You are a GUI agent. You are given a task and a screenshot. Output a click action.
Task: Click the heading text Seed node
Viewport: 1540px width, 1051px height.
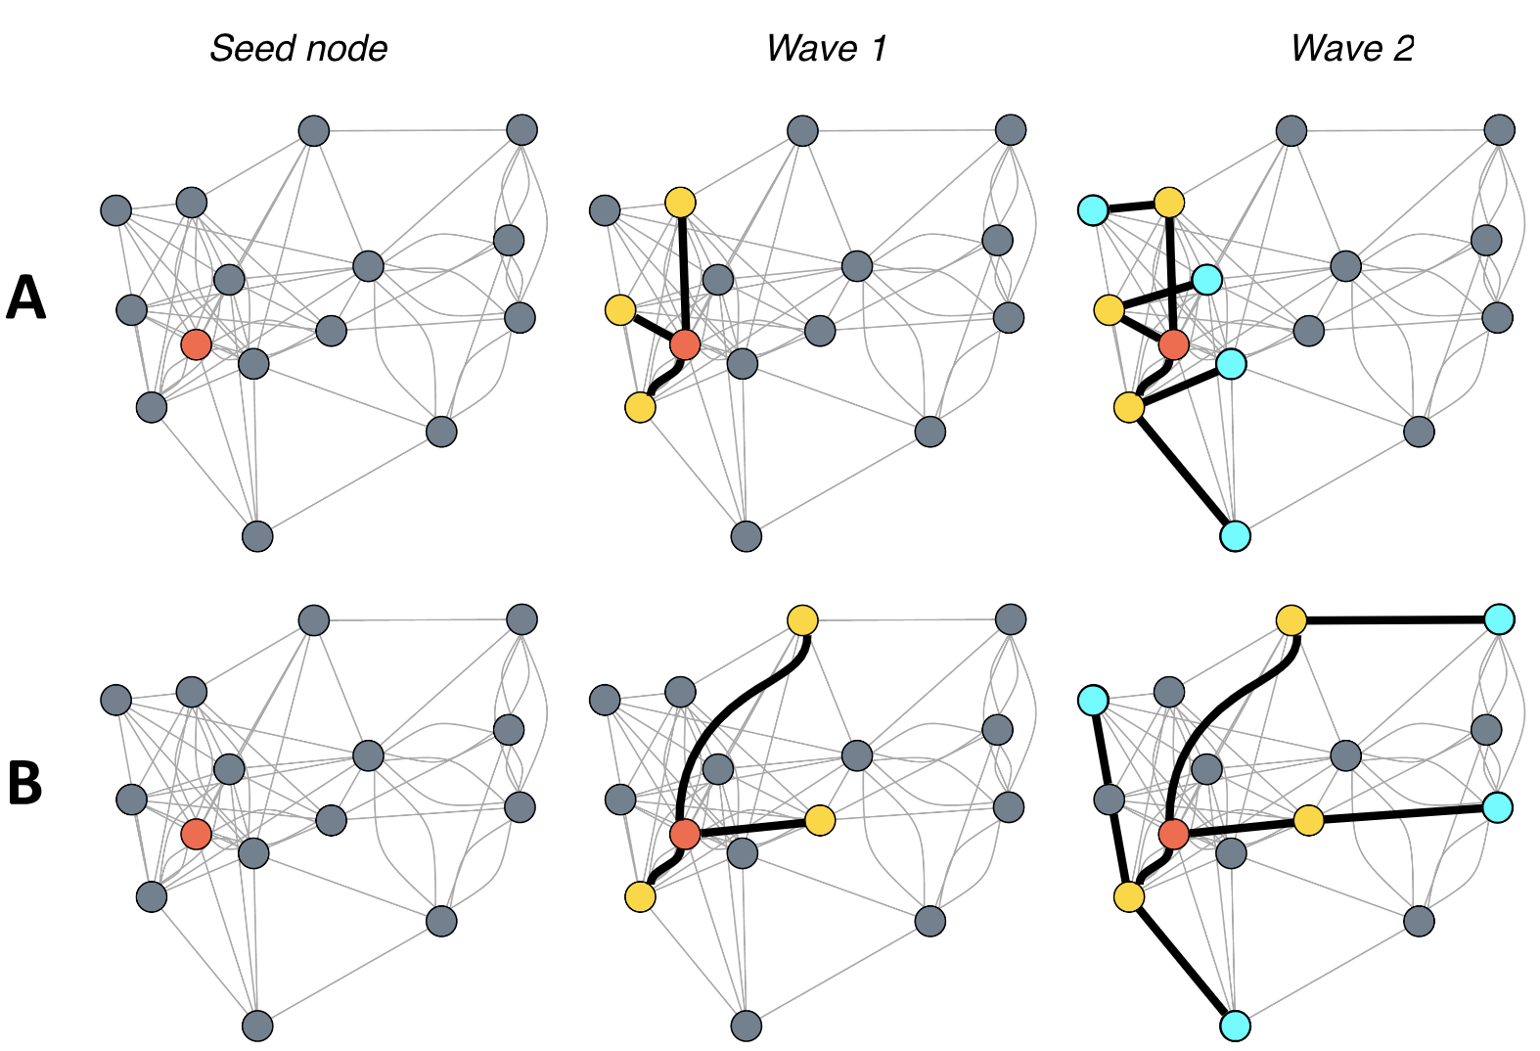298,48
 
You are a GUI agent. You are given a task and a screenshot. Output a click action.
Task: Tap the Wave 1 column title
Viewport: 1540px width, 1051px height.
826,48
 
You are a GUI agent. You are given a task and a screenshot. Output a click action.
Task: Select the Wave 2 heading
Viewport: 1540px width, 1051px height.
1352,48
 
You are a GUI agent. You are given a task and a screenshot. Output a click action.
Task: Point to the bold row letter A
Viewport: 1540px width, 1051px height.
26,297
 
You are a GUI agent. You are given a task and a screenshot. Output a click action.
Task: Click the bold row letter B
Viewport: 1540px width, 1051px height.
25,783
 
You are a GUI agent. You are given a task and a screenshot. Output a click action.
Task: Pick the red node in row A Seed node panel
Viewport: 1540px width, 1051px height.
196,344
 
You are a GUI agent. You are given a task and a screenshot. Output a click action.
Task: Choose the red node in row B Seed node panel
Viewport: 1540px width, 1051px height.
196,835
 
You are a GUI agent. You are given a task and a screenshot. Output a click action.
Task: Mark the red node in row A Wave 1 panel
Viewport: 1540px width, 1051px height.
685,344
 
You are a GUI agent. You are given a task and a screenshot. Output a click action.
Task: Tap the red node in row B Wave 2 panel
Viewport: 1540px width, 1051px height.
1173,835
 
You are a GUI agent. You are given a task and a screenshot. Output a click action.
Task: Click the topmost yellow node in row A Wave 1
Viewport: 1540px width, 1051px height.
680,203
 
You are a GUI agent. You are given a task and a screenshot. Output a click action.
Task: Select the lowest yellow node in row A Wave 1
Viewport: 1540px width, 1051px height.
640,407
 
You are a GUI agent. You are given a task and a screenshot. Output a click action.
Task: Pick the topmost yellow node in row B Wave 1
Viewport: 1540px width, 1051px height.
802,619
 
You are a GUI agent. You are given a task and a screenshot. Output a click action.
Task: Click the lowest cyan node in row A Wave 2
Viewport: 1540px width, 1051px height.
1236,536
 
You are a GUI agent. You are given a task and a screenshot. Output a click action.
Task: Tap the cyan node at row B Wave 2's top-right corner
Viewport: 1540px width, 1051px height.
1499,619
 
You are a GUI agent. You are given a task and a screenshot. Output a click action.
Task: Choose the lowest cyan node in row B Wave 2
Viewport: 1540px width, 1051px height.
1236,1026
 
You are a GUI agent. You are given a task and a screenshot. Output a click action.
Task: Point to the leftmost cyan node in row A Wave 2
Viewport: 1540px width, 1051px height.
1093,209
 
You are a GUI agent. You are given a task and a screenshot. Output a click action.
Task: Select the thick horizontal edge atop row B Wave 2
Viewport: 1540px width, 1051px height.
1394,619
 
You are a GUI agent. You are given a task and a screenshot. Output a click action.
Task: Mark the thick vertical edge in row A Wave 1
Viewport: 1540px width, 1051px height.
682,274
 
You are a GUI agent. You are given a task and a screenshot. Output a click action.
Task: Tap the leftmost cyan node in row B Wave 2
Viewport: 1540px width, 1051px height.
1093,700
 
